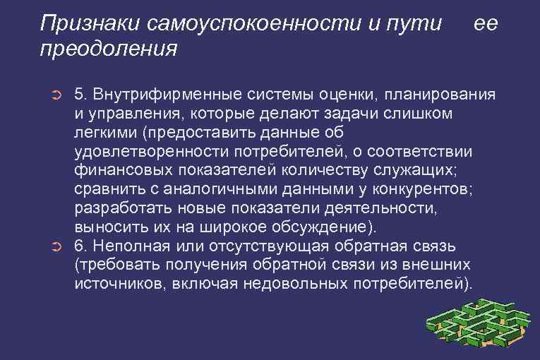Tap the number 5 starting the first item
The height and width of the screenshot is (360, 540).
coord(79,95)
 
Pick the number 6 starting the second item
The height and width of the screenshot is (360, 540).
coord(79,246)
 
